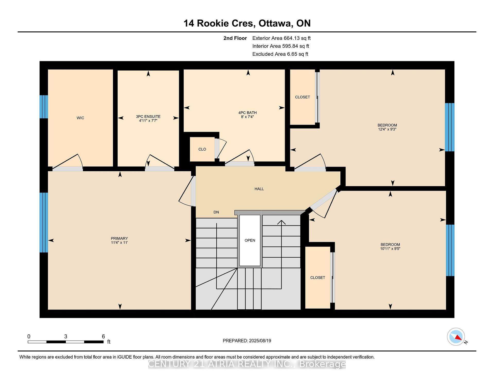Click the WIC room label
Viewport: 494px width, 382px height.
point(80,118)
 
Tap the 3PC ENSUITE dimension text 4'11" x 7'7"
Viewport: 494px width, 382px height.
point(148,120)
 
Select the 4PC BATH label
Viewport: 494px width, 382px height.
point(247,112)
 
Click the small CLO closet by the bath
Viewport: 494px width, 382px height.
point(202,149)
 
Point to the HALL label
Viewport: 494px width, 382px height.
point(259,189)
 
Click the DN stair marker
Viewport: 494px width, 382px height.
point(216,212)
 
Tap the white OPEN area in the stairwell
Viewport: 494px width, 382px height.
point(250,240)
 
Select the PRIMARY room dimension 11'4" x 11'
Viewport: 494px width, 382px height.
point(119,242)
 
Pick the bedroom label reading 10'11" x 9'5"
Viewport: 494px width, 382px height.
point(390,249)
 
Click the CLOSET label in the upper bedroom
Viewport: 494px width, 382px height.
point(302,97)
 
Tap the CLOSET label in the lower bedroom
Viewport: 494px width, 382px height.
point(317,277)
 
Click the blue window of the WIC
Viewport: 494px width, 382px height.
point(44,107)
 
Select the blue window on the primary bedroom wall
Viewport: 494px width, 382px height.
point(44,222)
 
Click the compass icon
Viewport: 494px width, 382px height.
point(456,337)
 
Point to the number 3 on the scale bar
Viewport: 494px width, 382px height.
point(66,336)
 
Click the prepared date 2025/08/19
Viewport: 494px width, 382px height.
point(260,341)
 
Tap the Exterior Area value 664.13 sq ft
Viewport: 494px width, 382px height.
point(297,38)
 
